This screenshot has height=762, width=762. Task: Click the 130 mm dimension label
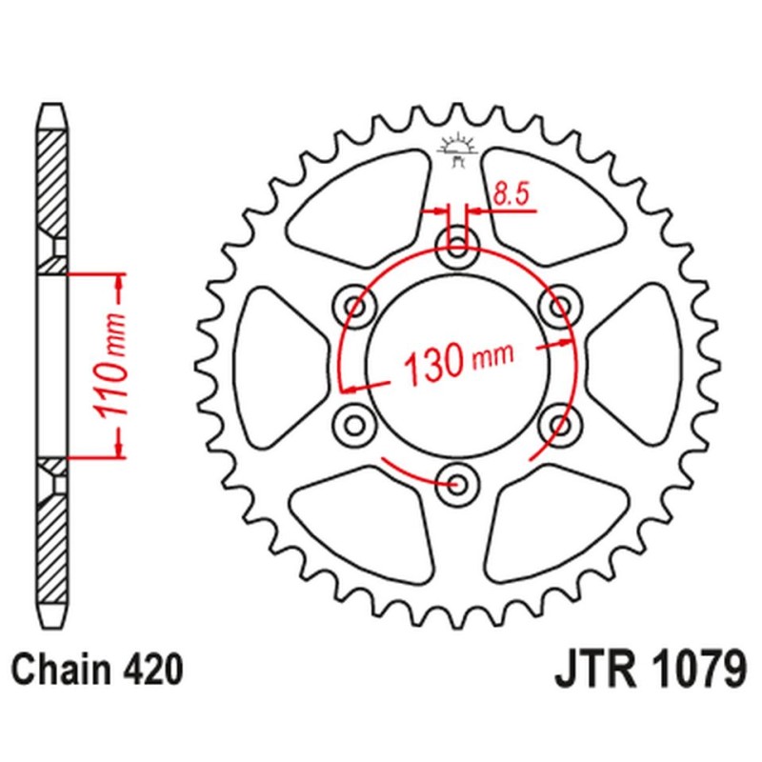[x=459, y=363]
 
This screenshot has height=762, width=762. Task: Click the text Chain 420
[x=98, y=672]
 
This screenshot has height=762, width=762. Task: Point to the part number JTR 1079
[x=648, y=672]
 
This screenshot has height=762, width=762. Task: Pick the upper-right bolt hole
[x=557, y=306]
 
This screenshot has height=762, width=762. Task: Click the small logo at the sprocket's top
[x=457, y=149]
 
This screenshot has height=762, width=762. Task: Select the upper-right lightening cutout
[x=555, y=205]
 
